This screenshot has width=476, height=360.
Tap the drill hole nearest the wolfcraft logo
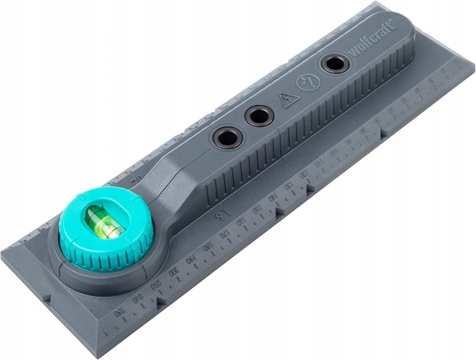tap(334, 63)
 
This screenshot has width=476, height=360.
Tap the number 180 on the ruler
tap(208, 246)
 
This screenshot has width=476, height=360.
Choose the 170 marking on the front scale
tap(225, 234)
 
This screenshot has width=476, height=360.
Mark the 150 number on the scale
tap(258, 210)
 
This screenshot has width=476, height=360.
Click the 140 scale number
tap(273, 198)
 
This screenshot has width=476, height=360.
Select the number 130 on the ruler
tap(289, 187)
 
